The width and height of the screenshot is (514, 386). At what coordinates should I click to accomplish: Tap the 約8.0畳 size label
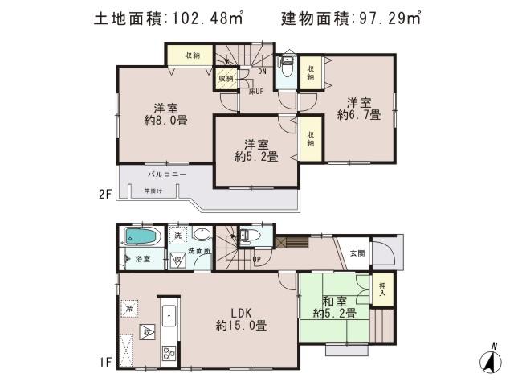click(166, 121)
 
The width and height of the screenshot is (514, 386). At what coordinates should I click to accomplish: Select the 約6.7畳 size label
click(358, 115)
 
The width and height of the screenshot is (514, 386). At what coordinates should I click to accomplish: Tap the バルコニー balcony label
click(166, 174)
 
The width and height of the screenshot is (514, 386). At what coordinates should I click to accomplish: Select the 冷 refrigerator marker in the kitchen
click(128, 308)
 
